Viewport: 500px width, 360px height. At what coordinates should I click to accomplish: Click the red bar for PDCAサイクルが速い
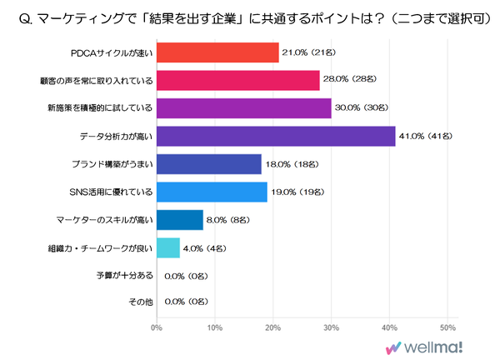(217, 52)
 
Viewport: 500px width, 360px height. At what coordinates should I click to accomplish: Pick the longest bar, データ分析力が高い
(276, 136)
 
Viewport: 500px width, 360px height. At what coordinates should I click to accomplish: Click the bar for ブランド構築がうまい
(209, 163)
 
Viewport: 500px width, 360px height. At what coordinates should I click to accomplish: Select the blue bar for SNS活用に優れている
(212, 191)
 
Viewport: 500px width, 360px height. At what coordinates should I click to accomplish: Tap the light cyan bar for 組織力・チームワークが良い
(168, 247)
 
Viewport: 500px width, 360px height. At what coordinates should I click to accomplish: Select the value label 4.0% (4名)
(202, 247)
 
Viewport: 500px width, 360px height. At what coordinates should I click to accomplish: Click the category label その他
(140, 302)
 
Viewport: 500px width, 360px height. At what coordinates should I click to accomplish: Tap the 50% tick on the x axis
(447, 327)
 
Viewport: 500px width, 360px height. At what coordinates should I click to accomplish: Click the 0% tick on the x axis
(157, 327)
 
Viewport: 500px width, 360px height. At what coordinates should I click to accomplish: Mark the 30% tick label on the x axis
(331, 327)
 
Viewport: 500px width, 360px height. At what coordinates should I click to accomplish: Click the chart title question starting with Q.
(250, 17)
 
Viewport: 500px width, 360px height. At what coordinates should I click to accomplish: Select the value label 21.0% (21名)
(309, 52)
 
